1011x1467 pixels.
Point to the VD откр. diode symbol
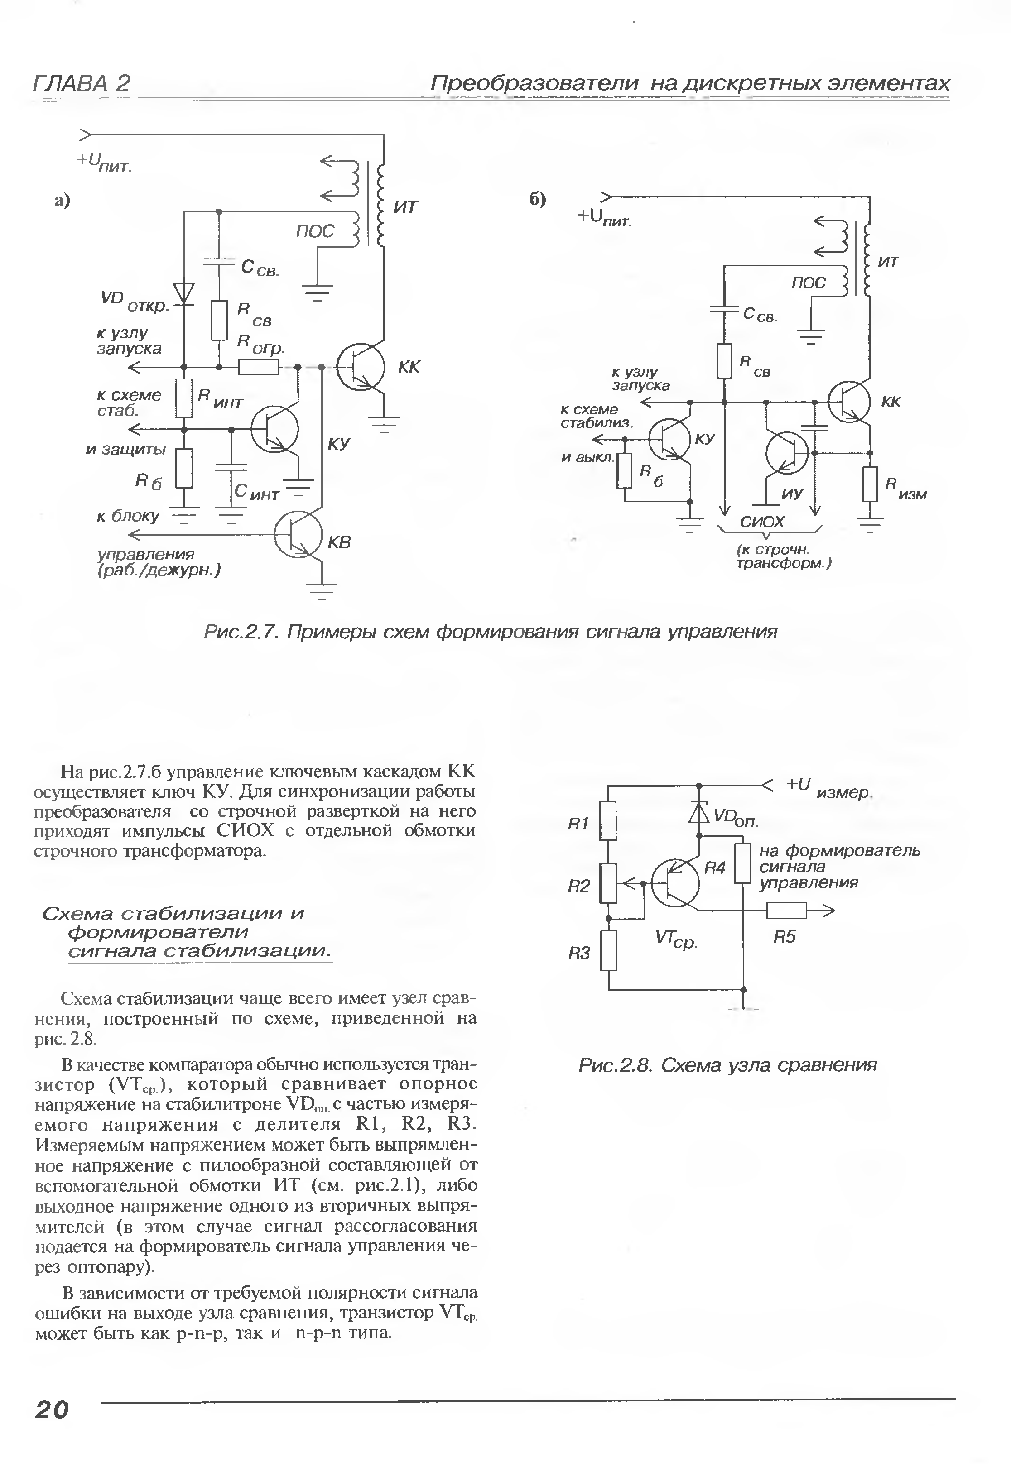184,292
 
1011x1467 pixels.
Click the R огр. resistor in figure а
259,367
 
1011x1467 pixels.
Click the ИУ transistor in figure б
787,453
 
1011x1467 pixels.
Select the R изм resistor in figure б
871,484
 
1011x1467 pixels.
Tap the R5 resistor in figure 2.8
786,911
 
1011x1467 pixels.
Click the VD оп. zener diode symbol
699,812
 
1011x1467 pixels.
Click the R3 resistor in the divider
609,950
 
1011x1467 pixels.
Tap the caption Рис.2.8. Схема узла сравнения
727,1065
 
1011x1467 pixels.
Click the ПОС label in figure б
808,283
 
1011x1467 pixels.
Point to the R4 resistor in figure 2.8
743,863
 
